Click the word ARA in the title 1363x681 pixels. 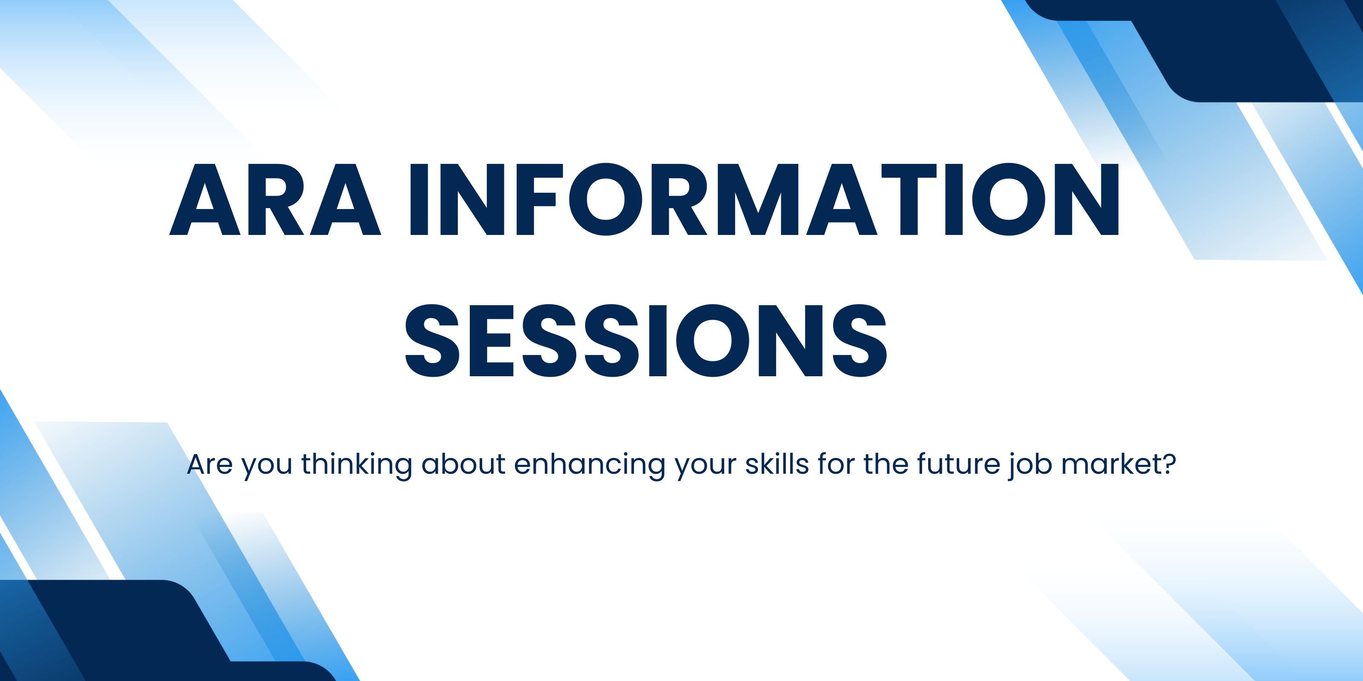[x=275, y=199]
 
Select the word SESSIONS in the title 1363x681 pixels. [x=646, y=340]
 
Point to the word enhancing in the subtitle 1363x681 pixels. [x=589, y=465]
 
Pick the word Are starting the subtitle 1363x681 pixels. [x=210, y=464]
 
